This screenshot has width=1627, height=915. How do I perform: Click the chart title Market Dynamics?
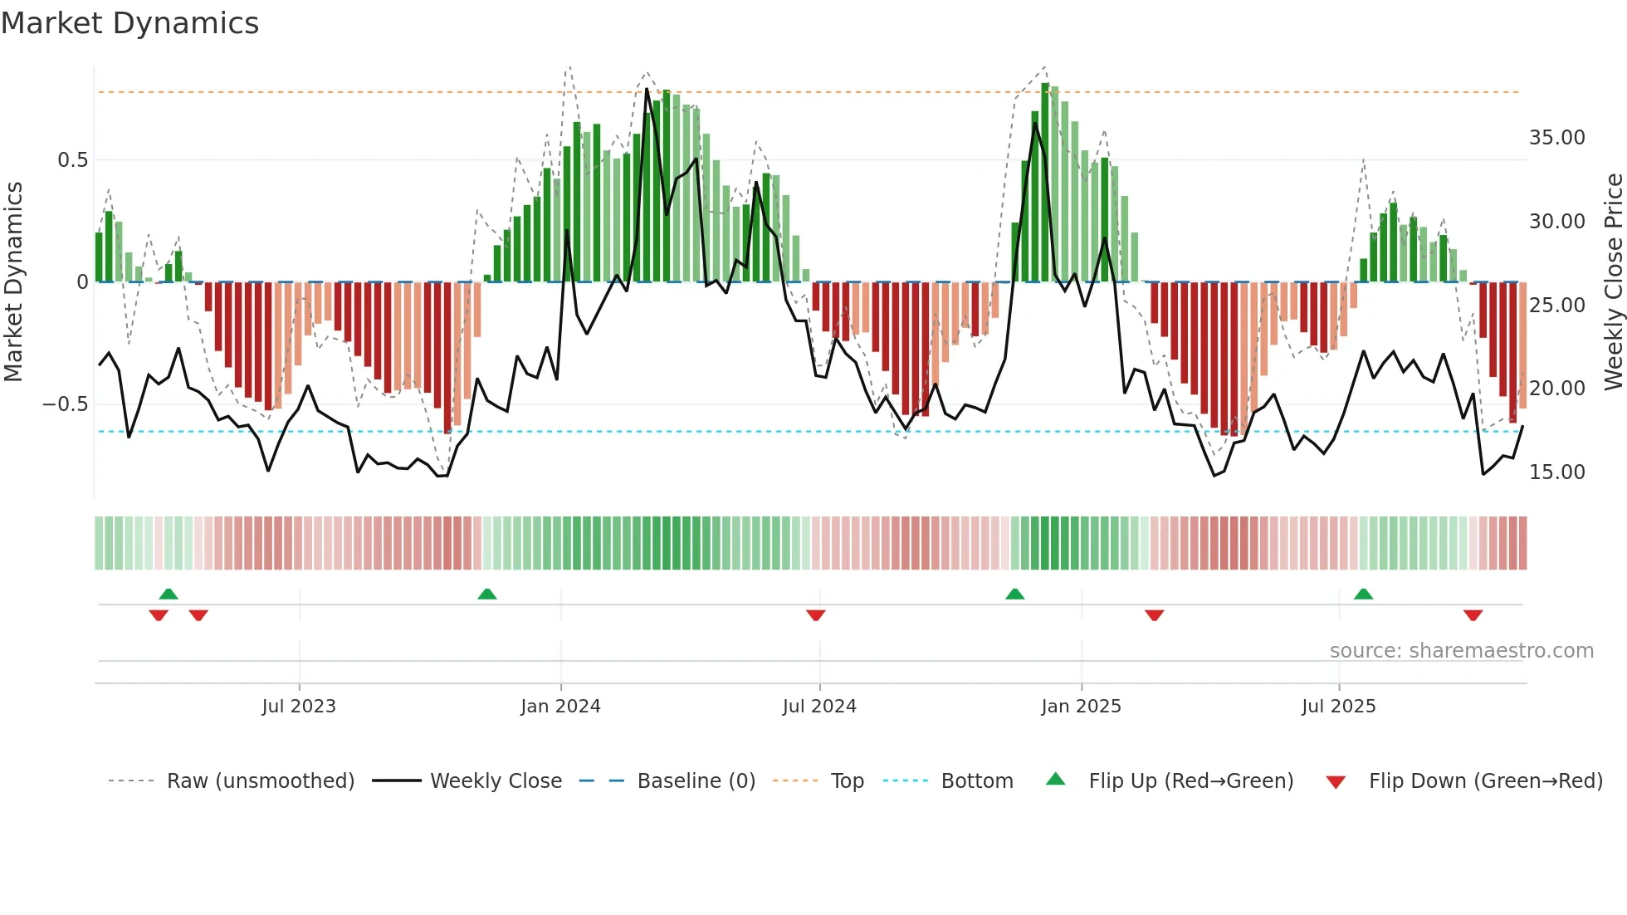(x=129, y=23)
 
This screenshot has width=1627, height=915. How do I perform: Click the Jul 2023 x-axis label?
(x=299, y=707)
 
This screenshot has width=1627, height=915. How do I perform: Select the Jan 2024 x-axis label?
(x=560, y=707)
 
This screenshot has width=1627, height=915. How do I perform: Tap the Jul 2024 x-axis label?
(x=819, y=707)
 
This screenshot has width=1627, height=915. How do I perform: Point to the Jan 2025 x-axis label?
(x=1081, y=707)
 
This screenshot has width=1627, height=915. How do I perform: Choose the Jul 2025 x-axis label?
(x=1338, y=707)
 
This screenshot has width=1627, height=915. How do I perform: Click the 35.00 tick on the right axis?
(x=1556, y=138)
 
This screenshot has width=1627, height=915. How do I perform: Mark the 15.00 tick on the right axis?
(x=1556, y=472)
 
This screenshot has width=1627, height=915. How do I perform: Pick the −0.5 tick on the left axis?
(x=65, y=404)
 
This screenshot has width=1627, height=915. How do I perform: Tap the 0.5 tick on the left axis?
(x=72, y=160)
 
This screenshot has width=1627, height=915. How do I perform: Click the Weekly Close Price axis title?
(x=1613, y=282)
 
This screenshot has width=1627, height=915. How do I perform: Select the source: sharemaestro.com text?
(x=1461, y=651)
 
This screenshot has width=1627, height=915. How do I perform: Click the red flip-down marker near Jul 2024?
(x=815, y=615)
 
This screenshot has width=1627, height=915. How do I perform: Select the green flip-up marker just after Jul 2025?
(x=1363, y=594)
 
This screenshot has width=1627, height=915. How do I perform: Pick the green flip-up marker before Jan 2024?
(x=487, y=594)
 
